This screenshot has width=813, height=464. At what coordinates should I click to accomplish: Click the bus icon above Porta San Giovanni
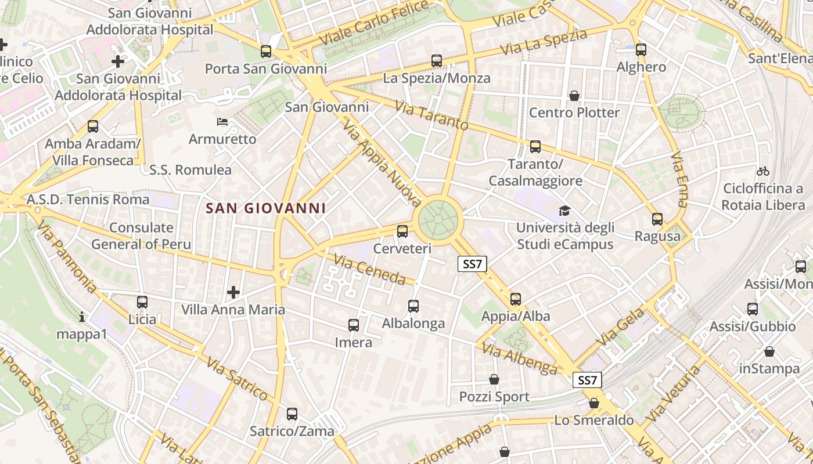(266, 52)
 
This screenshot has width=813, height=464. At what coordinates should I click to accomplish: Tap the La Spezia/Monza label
(437, 78)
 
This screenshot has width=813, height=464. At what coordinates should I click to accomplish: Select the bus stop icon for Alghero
(641, 50)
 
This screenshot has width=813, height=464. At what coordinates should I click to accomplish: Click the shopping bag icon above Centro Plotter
(574, 96)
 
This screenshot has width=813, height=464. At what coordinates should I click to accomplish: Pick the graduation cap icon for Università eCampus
(564, 211)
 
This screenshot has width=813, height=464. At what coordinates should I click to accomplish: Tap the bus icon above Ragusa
(657, 219)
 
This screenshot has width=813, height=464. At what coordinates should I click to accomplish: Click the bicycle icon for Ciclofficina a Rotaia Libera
(763, 171)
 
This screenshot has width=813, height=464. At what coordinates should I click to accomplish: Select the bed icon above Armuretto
(222, 122)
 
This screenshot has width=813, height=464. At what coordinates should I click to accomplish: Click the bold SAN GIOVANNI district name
(265, 208)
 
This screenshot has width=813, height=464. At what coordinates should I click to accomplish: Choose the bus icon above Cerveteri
(402, 232)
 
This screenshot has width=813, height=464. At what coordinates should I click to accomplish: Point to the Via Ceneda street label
(370, 270)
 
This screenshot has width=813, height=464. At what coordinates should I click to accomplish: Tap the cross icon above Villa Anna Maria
(233, 292)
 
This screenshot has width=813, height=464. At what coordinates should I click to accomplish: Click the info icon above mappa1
(82, 317)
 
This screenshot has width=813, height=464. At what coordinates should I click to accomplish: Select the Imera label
(354, 342)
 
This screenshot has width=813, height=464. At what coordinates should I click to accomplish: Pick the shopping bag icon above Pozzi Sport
(494, 380)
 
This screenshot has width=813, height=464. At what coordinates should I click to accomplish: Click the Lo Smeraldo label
(594, 420)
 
